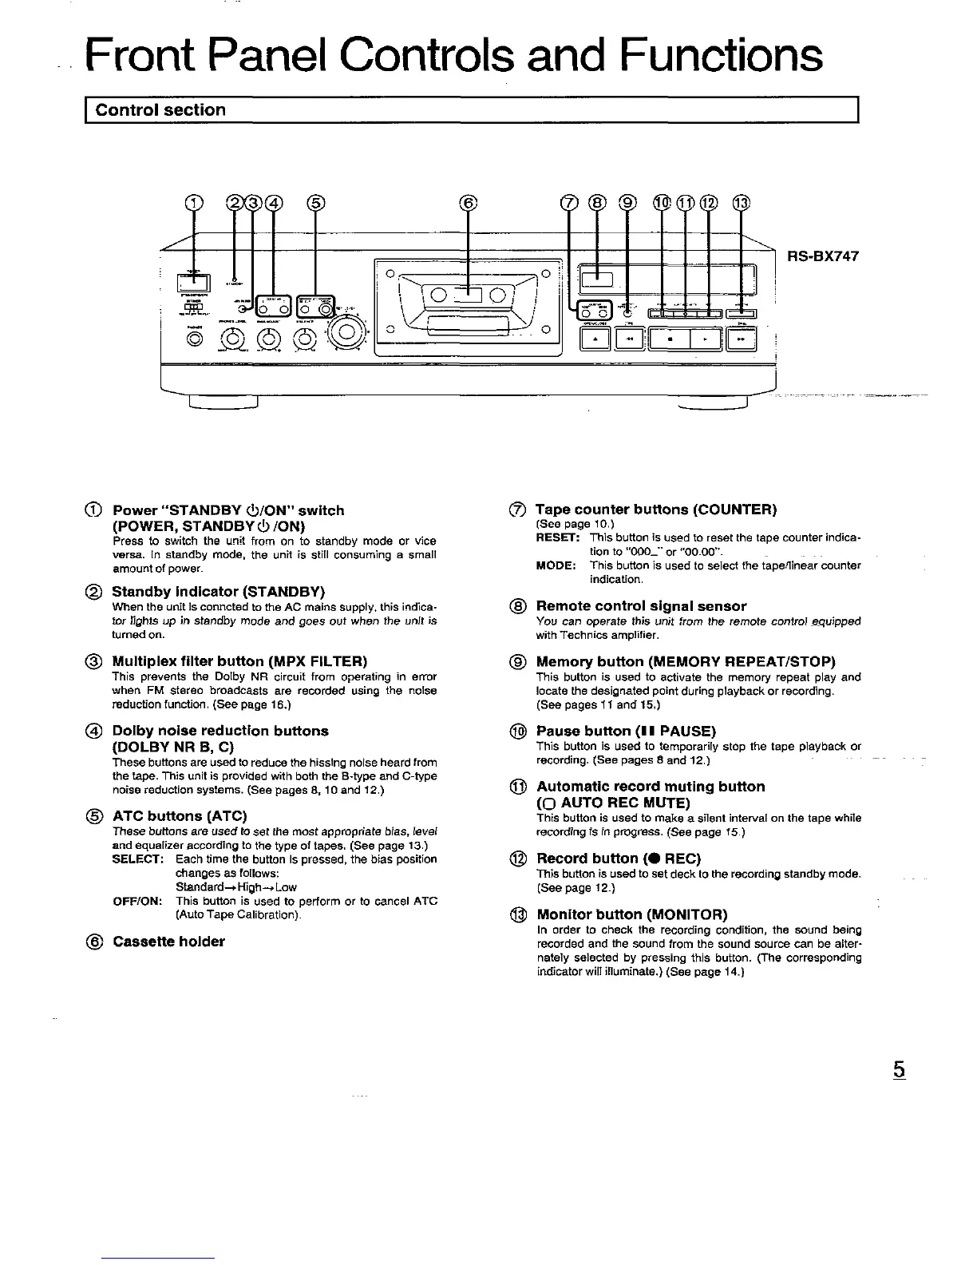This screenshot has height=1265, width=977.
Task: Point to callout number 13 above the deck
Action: pyautogui.click(x=742, y=203)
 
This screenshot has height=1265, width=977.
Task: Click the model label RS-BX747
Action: pyautogui.click(x=822, y=258)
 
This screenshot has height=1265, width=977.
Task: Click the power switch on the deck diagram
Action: pyautogui.click(x=192, y=282)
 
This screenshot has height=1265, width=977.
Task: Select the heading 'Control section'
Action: pyautogui.click(x=160, y=110)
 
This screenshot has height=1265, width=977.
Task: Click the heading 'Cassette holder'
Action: pyautogui.click(x=168, y=942)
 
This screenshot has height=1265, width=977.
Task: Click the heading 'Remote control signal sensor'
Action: pyautogui.click(x=641, y=606)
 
